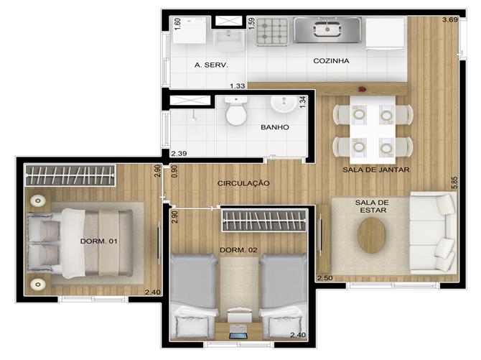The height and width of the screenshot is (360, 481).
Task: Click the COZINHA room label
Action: click(331, 61)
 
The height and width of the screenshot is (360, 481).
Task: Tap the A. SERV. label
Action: click(211, 65)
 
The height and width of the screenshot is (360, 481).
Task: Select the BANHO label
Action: click(274, 127)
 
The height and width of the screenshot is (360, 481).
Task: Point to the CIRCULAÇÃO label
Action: click(243, 183)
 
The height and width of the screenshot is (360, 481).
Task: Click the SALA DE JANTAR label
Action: click(375, 170)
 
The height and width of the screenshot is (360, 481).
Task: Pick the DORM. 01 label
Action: click(99, 241)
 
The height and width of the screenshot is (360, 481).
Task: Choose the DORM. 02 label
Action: click(238, 250)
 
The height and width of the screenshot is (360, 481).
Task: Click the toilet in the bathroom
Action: click(236, 111)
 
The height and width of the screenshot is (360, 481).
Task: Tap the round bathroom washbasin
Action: click(284, 103)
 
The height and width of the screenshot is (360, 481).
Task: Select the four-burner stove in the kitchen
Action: click(272, 32)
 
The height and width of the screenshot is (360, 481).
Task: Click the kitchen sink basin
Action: click(327, 29)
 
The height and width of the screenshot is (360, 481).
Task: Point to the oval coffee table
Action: click(371, 235)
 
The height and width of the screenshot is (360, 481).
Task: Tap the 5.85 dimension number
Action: click(454, 183)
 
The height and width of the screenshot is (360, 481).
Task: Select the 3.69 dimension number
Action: click(449, 19)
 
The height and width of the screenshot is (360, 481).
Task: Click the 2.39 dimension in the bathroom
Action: click(179, 153)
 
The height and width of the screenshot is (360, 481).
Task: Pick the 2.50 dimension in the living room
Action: click(325, 278)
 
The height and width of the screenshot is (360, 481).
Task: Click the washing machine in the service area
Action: click(190, 30)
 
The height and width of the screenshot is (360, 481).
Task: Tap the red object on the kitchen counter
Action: click(363, 89)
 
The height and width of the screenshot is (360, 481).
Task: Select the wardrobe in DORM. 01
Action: click(70, 175)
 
